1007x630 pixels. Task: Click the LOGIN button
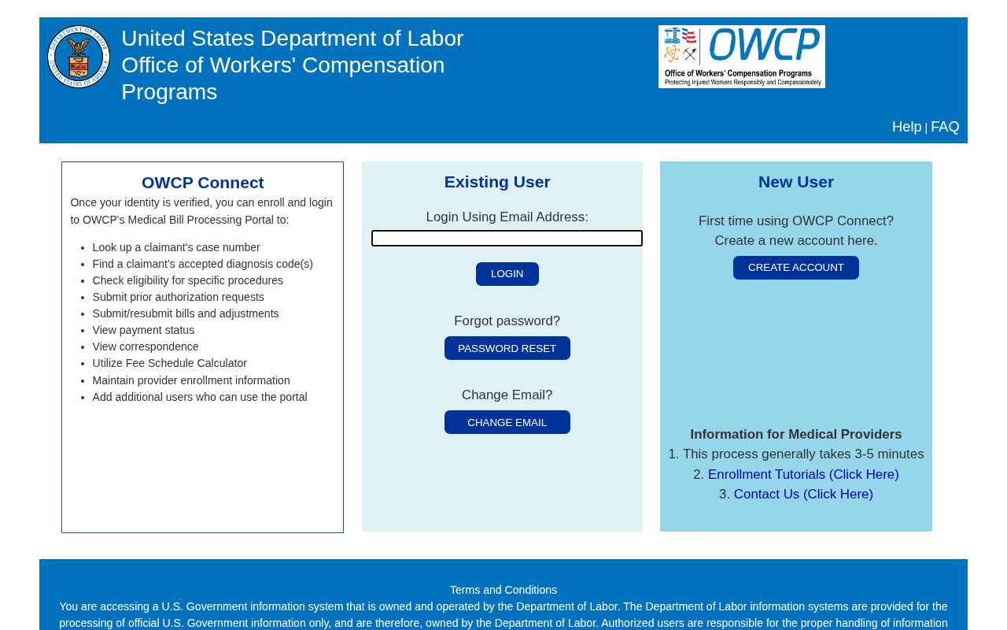point(507,274)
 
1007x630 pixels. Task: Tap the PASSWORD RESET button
point(507,348)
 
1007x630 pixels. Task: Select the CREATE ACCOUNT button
point(795,268)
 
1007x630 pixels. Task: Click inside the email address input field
point(507,238)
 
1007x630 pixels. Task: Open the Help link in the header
point(906,127)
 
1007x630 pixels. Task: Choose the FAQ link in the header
point(945,127)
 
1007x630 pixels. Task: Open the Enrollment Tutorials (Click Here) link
point(803,474)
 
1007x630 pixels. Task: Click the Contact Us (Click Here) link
point(803,495)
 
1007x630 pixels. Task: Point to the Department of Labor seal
point(78,57)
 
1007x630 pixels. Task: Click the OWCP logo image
point(741,57)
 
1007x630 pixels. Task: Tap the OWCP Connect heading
point(202,183)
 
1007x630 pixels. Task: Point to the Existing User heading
point(497,182)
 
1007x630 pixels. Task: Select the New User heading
point(795,182)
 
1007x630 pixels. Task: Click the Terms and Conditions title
point(503,590)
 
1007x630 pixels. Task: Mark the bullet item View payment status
point(143,330)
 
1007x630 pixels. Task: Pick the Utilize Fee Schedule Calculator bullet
point(169,363)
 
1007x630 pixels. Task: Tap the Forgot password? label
point(507,321)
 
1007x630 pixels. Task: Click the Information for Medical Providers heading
point(795,434)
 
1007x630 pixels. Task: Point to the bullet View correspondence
point(145,346)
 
